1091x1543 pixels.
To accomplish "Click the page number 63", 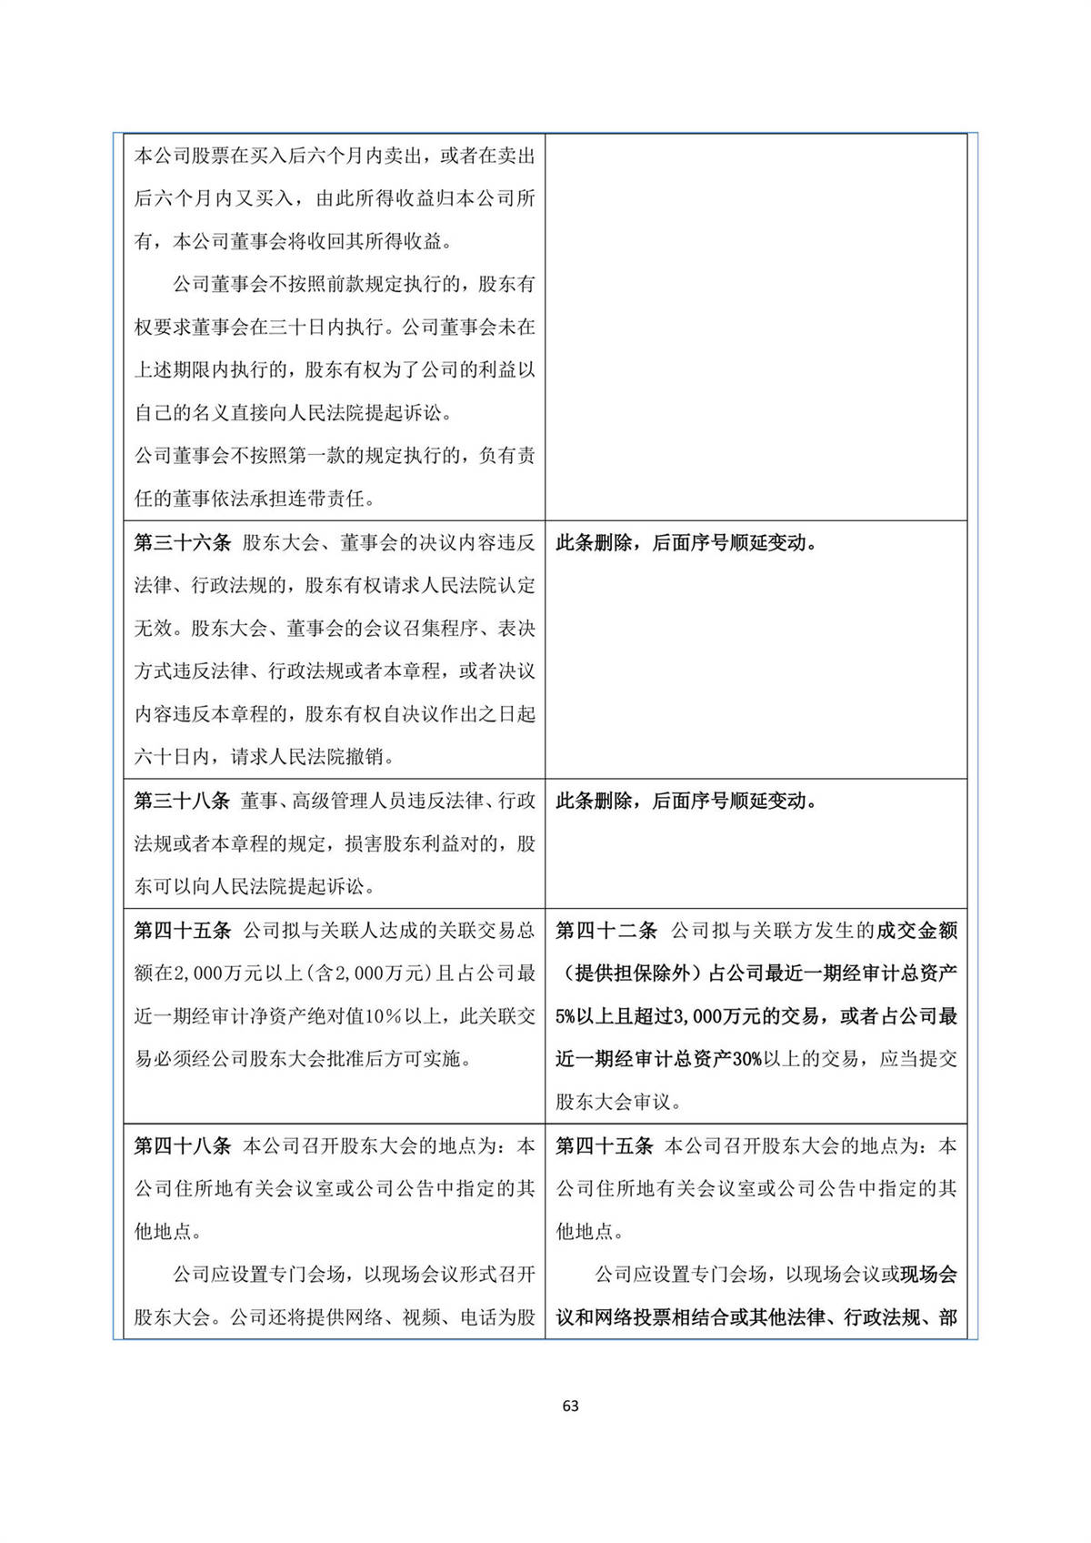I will tap(570, 1406).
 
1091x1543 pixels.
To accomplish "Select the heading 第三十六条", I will tap(182, 543).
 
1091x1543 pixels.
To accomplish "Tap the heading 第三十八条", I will tap(182, 801).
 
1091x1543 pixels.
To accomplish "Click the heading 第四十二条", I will tap(606, 931).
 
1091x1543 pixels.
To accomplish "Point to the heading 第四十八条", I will tap(182, 1146).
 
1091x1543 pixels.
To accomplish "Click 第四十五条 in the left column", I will tap(182, 931).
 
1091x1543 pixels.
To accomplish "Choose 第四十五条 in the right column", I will tap(605, 1146).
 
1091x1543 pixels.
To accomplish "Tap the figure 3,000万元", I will tap(709, 1016).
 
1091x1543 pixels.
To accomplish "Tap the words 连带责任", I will tap(336, 499).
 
